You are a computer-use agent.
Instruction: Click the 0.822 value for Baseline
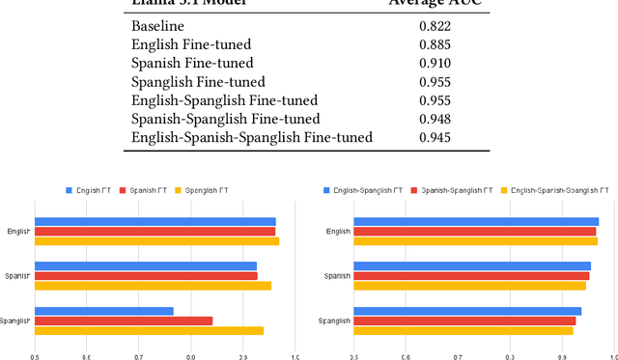(x=435, y=26)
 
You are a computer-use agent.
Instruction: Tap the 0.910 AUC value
(x=435, y=64)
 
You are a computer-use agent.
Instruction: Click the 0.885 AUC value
(x=435, y=44)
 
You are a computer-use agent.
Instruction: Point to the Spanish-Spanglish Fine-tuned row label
(x=225, y=120)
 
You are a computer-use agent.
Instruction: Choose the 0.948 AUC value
(x=435, y=120)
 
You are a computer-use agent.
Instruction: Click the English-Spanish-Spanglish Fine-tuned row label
(x=251, y=138)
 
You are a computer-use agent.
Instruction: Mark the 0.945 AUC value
(x=435, y=138)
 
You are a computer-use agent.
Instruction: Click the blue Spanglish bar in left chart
(x=104, y=311)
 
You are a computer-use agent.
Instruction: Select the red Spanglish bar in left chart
(x=124, y=320)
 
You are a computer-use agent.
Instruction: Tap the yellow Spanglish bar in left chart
(x=149, y=330)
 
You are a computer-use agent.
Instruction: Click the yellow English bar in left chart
(x=156, y=241)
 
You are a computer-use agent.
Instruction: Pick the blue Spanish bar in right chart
(x=472, y=266)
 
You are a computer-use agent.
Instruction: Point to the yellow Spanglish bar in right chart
(x=463, y=330)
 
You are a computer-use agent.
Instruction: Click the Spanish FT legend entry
(x=143, y=191)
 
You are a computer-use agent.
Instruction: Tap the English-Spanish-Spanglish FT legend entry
(x=555, y=191)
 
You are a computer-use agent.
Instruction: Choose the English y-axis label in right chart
(x=338, y=232)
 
